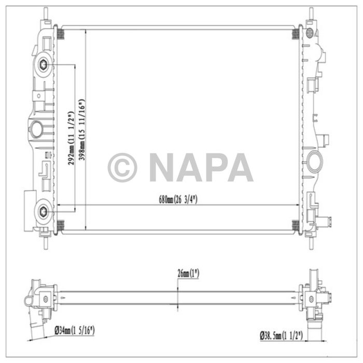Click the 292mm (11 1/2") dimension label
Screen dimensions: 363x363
[70, 137]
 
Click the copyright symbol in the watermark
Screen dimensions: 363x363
[122, 167]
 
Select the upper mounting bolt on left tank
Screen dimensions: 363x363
[43, 65]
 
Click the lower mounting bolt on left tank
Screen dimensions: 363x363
[43, 211]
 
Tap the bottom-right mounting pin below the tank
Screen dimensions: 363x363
[311, 242]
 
